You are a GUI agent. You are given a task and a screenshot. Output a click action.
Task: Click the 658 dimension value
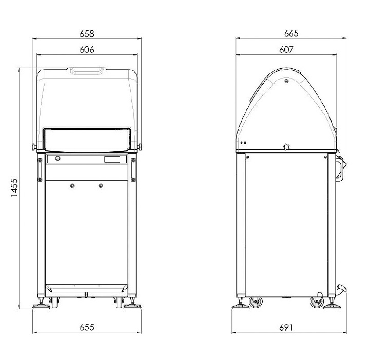[x=87, y=33]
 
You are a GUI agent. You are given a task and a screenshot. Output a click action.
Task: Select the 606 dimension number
[x=87, y=50]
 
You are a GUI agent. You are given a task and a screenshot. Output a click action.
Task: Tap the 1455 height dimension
[x=14, y=188]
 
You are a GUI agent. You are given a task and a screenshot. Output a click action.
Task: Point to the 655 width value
[x=87, y=327]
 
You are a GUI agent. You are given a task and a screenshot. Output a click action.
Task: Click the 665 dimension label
[x=291, y=33]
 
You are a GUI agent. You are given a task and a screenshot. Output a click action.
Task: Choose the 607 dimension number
[x=286, y=50]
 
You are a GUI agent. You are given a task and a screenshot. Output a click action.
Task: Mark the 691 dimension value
[x=286, y=327]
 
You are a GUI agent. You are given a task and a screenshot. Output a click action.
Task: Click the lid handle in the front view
[x=87, y=71]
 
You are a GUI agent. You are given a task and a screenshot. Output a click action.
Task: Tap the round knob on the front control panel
[x=57, y=158]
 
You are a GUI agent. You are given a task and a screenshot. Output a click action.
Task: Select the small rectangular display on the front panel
[x=112, y=159]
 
